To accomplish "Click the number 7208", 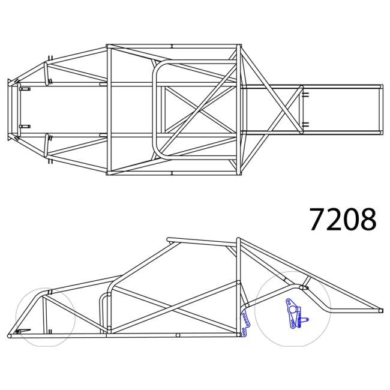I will click(343, 220).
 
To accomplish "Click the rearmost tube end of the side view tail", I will click(380, 311).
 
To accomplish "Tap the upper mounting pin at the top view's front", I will click(25, 89).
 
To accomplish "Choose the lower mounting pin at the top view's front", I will click(25, 127).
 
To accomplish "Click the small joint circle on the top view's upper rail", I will click(172, 46).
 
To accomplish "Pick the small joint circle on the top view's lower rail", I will click(172, 173).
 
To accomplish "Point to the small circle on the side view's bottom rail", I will click(178, 335).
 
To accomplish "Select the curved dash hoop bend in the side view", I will click(106, 298).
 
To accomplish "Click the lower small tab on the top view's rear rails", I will click(305, 125).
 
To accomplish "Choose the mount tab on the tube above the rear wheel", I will click(304, 287).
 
